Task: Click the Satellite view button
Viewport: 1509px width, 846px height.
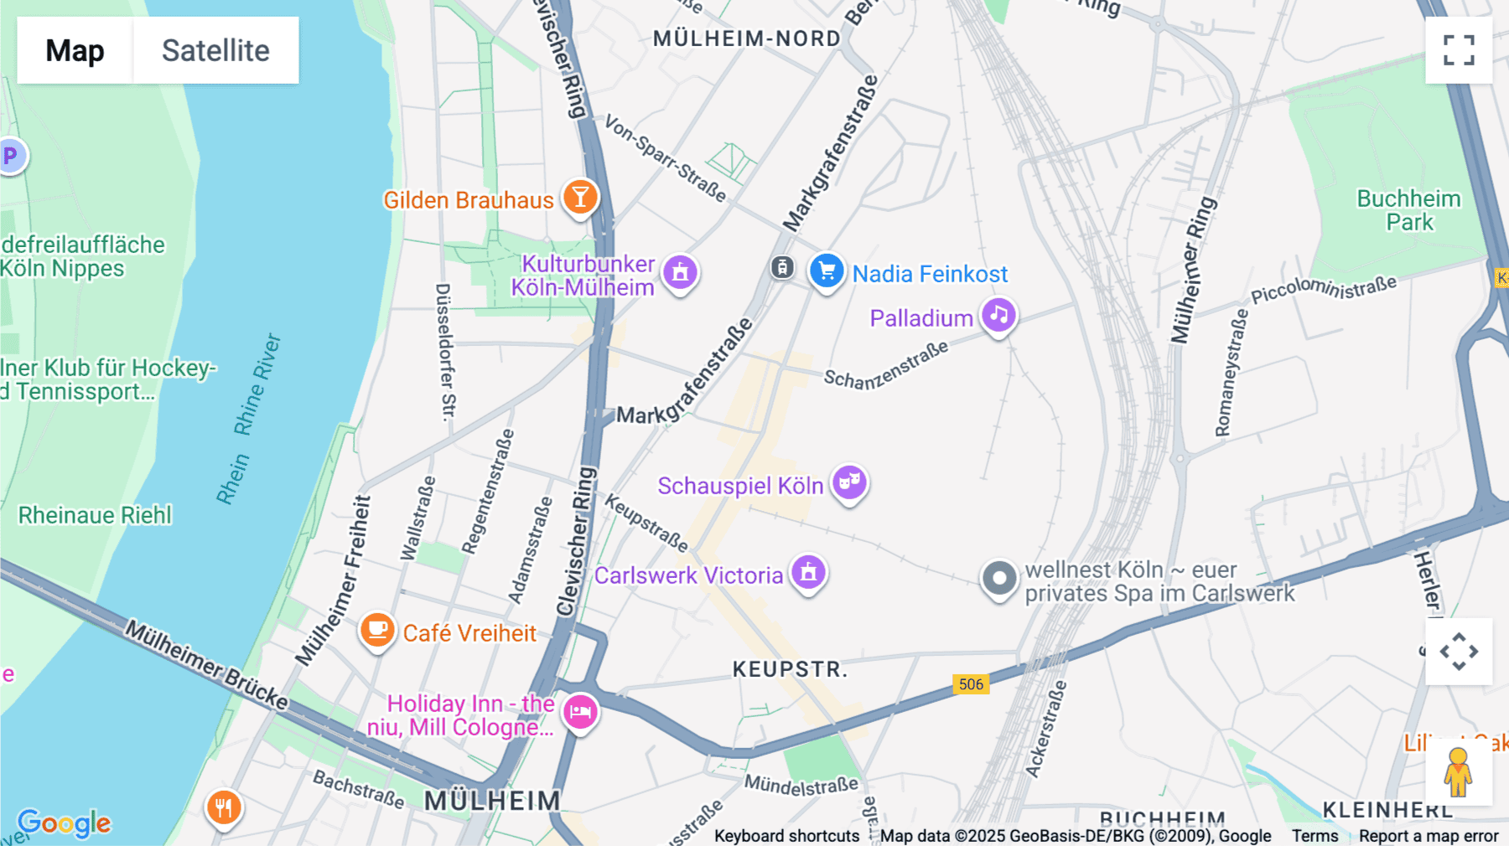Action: coord(215,50)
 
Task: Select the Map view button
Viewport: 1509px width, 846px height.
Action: coord(75,50)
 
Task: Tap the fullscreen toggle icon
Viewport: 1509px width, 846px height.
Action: coord(1459,50)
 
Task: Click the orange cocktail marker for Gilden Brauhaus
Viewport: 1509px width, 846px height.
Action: coord(580,198)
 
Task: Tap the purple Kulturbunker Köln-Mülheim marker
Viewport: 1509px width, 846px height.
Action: coord(680,271)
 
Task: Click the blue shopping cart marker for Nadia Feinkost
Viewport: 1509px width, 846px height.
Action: coord(827,271)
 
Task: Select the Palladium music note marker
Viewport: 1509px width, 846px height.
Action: coord(998,316)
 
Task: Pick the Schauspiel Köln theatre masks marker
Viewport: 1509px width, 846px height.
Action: coord(849,482)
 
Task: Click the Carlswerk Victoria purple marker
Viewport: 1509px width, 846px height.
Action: coord(808,572)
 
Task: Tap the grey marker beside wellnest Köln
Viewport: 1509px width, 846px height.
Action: coord(998,578)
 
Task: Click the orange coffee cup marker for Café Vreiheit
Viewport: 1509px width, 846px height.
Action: coord(377,629)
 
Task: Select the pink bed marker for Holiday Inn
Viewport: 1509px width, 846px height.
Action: coord(580,712)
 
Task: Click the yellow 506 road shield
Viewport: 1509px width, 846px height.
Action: coord(971,684)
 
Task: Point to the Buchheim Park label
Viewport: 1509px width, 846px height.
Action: coord(1408,210)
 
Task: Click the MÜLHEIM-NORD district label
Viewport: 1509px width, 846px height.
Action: coord(746,39)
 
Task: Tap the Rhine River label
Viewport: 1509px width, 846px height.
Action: coord(257,385)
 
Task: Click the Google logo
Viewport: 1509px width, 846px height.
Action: coord(64,823)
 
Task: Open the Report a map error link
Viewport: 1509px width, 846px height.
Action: coord(1429,836)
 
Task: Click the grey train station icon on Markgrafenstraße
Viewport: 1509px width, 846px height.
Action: coord(782,268)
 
